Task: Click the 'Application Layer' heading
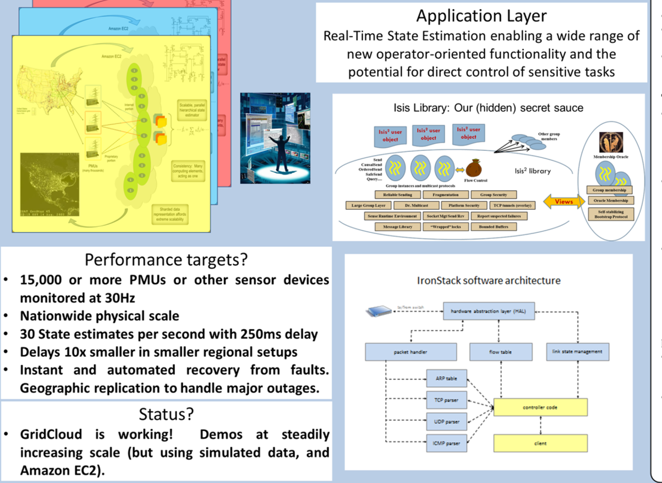(x=481, y=16)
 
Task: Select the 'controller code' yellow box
(x=541, y=408)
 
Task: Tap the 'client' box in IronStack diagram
(x=541, y=443)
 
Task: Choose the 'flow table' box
(x=501, y=351)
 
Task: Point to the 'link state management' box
(x=578, y=351)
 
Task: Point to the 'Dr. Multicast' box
(x=407, y=205)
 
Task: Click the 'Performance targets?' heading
(x=166, y=259)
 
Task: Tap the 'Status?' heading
(x=166, y=414)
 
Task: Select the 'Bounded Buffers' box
(x=493, y=227)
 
